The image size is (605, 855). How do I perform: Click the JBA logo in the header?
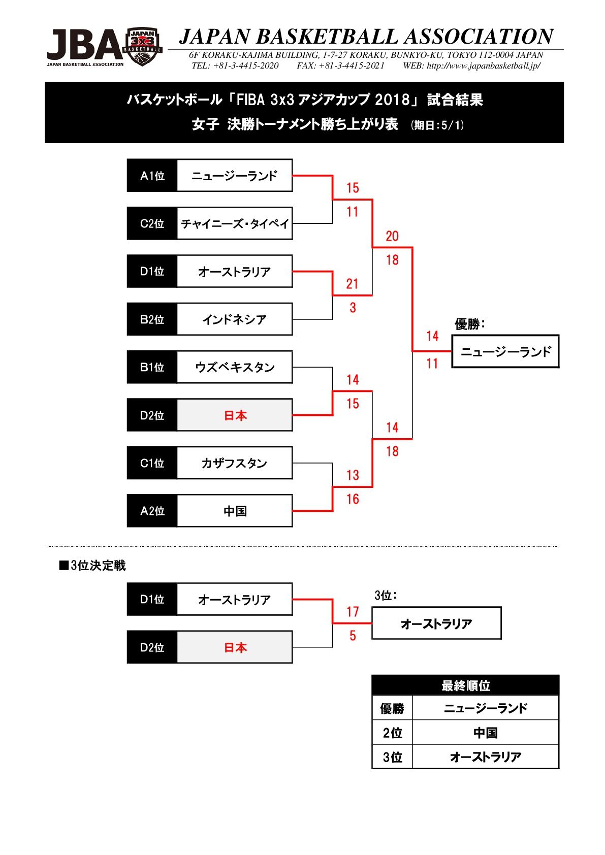[105, 47]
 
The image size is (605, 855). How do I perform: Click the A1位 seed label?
[152, 176]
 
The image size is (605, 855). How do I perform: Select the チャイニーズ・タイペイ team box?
[235, 223]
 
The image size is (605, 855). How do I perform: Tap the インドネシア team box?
[235, 319]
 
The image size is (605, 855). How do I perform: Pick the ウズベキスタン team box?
[235, 367]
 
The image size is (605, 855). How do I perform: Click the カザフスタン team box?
[235, 463]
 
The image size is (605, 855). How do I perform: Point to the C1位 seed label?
[152, 463]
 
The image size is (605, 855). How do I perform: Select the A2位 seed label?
[152, 511]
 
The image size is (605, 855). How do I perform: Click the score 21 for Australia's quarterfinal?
[353, 284]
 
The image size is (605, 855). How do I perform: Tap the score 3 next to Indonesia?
[353, 308]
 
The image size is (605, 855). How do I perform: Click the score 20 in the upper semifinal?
[392, 236]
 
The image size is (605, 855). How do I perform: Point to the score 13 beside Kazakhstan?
[353, 475]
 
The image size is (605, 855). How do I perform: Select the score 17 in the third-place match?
[353, 612]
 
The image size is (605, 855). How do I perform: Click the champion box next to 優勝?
[505, 351]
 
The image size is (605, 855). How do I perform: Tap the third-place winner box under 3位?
[436, 623]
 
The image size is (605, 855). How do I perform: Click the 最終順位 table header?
[465, 685]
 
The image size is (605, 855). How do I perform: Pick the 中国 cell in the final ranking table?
[485, 733]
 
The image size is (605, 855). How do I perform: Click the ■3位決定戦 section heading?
[92, 566]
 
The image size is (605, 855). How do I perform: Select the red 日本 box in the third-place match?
[235, 647]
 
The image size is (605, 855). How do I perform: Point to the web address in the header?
[483, 66]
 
